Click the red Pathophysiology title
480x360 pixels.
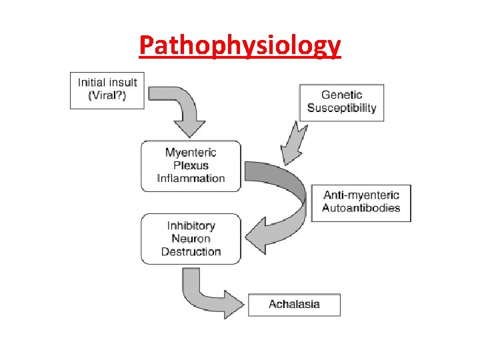coord(240,45)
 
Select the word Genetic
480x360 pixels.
coord(341,95)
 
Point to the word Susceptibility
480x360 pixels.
coord(341,107)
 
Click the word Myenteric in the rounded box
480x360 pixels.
coord(191,153)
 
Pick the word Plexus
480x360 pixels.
coord(191,165)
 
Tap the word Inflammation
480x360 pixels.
coord(191,178)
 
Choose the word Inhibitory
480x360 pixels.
coord(191,226)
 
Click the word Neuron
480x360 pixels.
coord(191,239)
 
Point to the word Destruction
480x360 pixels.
coord(191,251)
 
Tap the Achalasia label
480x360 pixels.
coord(294,304)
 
